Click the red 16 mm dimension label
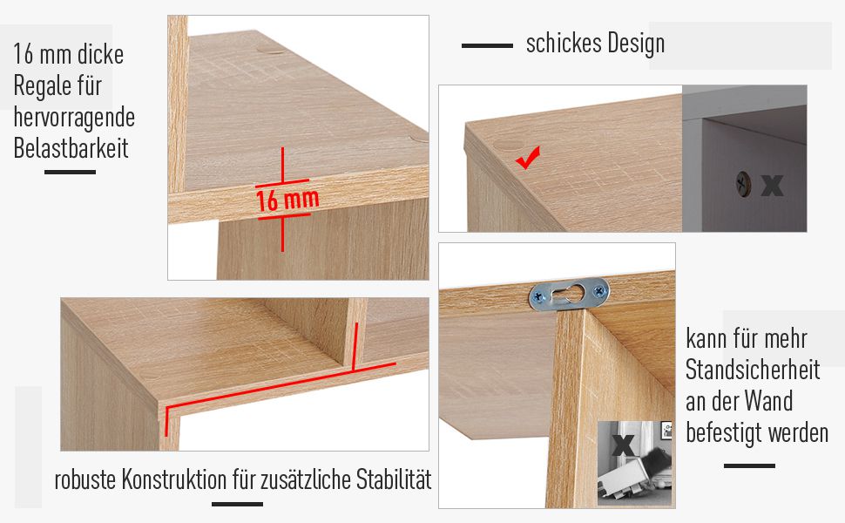(x=287, y=200)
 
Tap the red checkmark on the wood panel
(x=527, y=158)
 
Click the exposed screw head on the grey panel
(x=743, y=184)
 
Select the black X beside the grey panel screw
(x=772, y=185)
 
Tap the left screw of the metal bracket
(x=539, y=295)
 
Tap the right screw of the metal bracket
(x=599, y=291)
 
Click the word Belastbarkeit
(x=71, y=147)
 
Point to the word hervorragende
(x=74, y=118)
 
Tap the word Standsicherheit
(x=753, y=370)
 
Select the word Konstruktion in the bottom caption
(x=174, y=479)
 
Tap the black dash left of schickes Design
(x=487, y=46)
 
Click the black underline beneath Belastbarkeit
(x=70, y=172)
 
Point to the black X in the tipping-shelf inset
(x=623, y=445)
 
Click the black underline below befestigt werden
(x=749, y=465)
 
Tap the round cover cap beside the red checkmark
(x=509, y=145)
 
